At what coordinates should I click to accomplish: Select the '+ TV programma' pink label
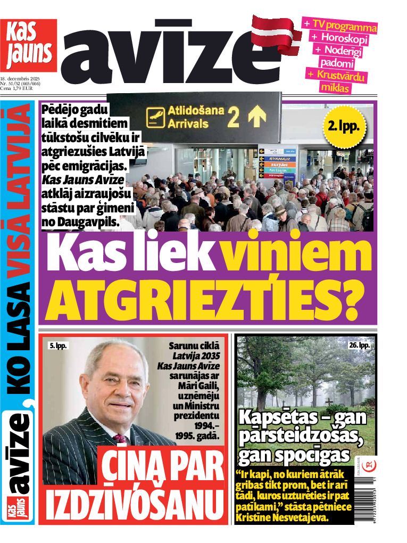coord(340,25)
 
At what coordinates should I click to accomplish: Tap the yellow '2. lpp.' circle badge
coord(344,126)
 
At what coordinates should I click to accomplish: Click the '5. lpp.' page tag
coord(59,345)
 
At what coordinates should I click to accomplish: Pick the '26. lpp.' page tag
coord(359,345)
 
